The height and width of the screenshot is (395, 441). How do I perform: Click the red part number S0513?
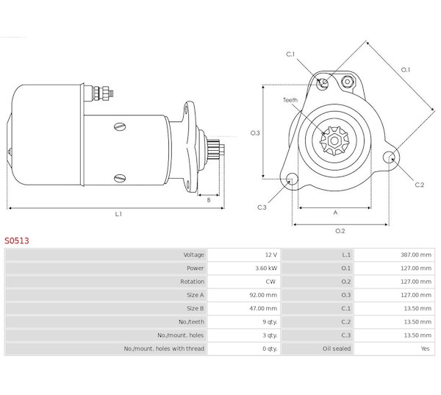tap(17, 241)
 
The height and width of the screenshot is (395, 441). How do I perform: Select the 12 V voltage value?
tap(271, 255)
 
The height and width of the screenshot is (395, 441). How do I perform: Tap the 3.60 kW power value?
tap(266, 268)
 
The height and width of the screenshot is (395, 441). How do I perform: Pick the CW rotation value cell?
tap(270, 282)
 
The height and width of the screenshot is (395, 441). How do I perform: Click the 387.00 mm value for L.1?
tap(416, 255)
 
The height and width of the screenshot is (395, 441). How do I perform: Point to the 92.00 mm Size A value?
tap(263, 295)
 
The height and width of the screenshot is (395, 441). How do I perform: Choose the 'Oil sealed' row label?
tap(337, 349)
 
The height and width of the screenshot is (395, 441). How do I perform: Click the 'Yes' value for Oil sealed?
tap(426, 349)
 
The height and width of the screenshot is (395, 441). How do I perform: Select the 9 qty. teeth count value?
tap(270, 321)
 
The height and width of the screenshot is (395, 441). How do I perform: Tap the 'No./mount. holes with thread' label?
tap(164, 349)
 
